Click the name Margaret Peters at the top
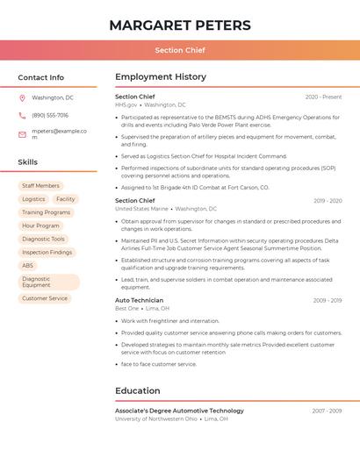click(180, 25)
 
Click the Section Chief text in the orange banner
click(180, 50)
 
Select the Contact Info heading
click(41, 77)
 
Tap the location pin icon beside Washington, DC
click(22, 97)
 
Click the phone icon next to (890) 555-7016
click(22, 115)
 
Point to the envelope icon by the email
click(22, 134)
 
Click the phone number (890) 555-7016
click(50, 115)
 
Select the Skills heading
click(28, 162)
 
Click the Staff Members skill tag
click(40, 186)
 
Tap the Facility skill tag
click(66, 199)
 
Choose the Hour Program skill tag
click(40, 225)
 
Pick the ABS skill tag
click(28, 265)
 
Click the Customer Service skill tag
click(45, 298)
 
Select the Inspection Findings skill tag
click(47, 252)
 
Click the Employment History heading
click(161, 77)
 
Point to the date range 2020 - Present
click(323, 97)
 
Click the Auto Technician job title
click(139, 300)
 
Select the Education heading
click(138, 390)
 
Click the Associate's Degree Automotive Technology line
click(179, 411)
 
